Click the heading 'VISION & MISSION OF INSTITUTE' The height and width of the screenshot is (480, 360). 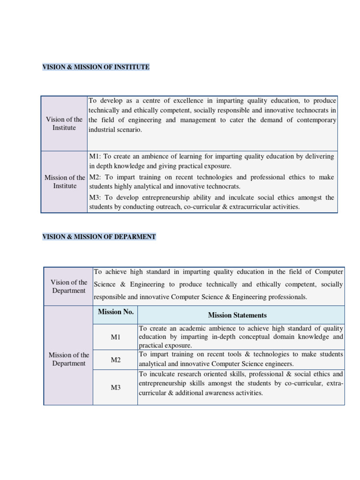coord(96,67)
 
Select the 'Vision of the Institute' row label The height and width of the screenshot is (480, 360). coord(64,124)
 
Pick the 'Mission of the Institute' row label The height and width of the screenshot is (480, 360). coord(65,182)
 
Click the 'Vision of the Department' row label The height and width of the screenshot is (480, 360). coord(69,286)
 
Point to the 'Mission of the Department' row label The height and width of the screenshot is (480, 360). coord(69,359)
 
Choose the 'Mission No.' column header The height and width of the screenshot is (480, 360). coord(116,312)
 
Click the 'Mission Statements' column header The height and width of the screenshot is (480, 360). coord(237,315)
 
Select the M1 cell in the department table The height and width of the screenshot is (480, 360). coord(116,337)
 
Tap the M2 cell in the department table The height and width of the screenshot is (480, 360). coord(116,360)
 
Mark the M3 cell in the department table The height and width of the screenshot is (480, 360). coord(116,388)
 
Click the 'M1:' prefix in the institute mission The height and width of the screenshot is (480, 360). coord(95,157)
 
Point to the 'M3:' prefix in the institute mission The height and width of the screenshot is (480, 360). coord(95,197)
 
